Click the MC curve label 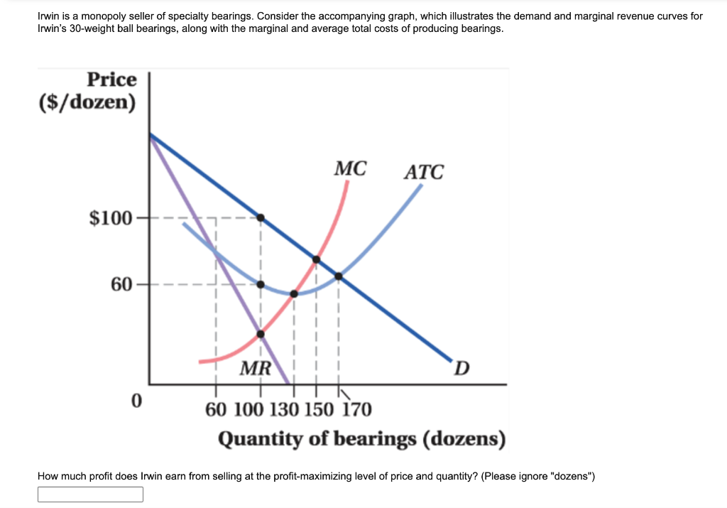click(351, 169)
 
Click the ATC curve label click(424, 173)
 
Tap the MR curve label click(255, 368)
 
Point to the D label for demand click(461, 368)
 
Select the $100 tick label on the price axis click(110, 217)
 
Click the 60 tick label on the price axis click(121, 284)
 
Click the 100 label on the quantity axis click(248, 410)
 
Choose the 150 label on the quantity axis click(319, 410)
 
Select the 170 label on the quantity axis click(356, 410)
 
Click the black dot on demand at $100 click(261, 217)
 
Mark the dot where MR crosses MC click(261, 334)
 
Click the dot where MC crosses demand click(317, 259)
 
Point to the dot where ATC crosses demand click(339, 276)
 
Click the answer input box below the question click(90, 495)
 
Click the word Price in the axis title click(111, 79)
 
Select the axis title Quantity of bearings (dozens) click(361, 439)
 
